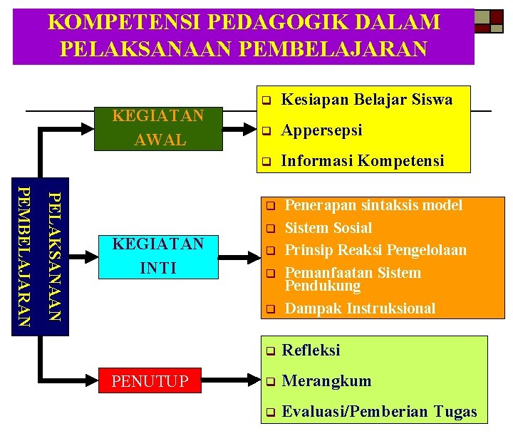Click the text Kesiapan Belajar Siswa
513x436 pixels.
pos(367,100)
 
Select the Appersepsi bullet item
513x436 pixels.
pos(322,130)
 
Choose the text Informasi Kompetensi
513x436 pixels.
pos(363,161)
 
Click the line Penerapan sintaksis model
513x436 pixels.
pos(373,205)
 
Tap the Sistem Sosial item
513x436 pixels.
pos(328,228)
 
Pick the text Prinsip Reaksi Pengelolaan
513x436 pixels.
pos(375,250)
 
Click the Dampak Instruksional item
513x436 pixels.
pos(360,308)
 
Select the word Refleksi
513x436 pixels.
pos(311,351)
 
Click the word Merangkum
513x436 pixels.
pos(326,381)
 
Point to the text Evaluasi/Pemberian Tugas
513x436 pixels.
pos(380,412)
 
